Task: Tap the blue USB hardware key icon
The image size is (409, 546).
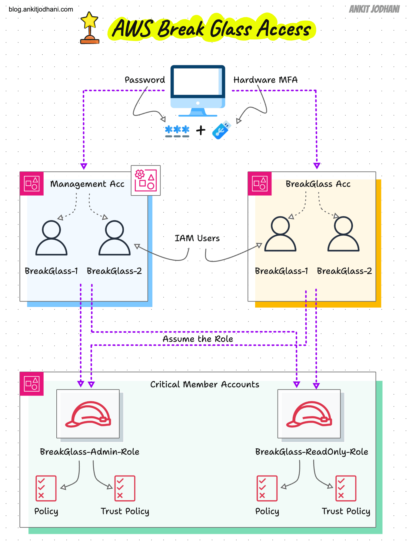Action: point(221,130)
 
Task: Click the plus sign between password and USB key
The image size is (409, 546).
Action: point(201,130)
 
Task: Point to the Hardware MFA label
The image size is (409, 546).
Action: point(265,80)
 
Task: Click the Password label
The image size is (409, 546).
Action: point(145,80)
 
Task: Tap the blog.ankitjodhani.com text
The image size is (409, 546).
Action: point(41,9)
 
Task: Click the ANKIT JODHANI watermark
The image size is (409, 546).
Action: point(374,9)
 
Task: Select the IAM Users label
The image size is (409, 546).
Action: point(197,238)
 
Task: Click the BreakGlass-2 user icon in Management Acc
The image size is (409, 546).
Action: point(115,238)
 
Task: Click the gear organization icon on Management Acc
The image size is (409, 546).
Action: point(146,180)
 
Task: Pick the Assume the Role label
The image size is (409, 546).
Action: point(198,339)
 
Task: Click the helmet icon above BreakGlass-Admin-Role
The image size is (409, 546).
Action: point(88,414)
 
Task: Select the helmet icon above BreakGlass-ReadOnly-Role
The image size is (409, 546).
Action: point(309,414)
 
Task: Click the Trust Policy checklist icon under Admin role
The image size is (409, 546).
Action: point(125,488)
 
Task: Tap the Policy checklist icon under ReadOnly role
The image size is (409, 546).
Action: point(267,488)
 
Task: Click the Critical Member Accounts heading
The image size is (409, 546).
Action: point(205,384)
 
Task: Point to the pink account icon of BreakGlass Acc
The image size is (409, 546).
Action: point(260,184)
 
